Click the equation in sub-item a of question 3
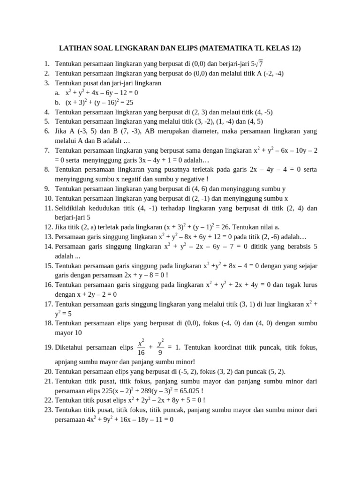click(x=102, y=93)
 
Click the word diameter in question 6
click(x=159, y=131)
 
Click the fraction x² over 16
click(x=141, y=347)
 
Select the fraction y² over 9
click(x=160, y=347)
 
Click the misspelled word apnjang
click(x=68, y=361)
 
